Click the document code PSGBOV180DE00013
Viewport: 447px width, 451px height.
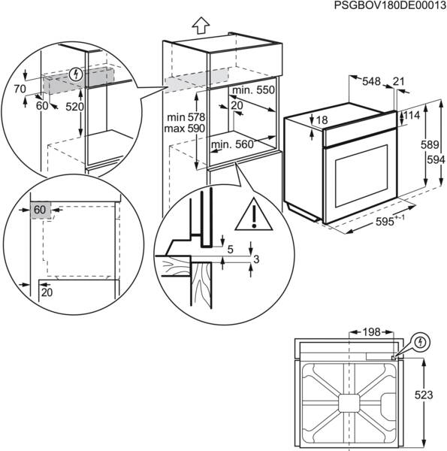point(381,6)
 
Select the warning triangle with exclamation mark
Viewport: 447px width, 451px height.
point(255,217)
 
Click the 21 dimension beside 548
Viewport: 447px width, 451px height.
point(399,81)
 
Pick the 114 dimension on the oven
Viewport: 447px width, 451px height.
point(412,115)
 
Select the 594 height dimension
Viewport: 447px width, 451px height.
point(432,160)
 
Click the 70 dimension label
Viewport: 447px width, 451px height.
point(20,89)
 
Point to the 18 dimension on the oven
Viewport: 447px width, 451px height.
point(322,120)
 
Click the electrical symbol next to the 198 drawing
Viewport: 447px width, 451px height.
point(421,343)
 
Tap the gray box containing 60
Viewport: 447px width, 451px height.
point(41,210)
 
